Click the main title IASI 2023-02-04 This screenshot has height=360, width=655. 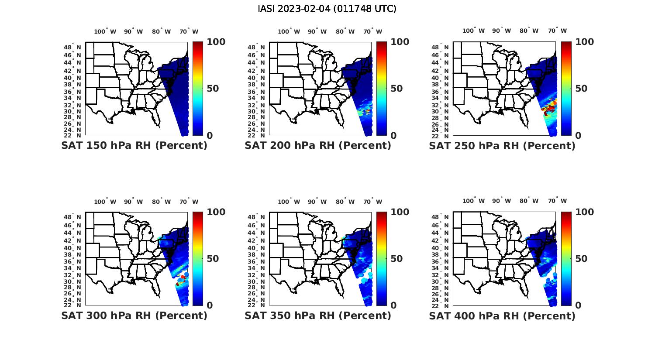point(327,9)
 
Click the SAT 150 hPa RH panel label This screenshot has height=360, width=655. point(134,146)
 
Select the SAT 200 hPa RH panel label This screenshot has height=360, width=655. point(318,146)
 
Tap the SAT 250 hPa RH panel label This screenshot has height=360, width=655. point(502,146)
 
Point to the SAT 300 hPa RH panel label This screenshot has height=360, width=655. point(134,315)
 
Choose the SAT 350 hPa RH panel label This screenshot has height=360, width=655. point(318,315)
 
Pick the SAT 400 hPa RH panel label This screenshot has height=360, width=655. point(502,315)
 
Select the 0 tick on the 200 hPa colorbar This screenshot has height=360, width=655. point(393,135)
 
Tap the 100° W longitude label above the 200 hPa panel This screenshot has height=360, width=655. point(289,31)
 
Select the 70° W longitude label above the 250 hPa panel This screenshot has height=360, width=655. point(558,31)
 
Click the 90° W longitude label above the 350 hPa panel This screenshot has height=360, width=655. point(317,202)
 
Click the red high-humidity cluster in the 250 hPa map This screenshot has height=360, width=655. point(548,108)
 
